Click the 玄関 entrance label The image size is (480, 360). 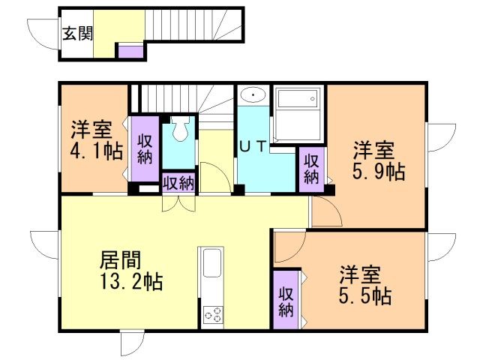[x=77, y=33]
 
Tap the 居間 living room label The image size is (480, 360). [x=120, y=260]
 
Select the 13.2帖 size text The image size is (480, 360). [x=131, y=281]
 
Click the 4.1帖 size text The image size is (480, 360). [x=97, y=151]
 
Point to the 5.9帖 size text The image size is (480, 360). [x=379, y=172]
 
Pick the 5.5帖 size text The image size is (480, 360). [x=365, y=295]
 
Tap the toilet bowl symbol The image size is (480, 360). [x=180, y=129]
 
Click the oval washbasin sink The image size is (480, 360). [x=253, y=95]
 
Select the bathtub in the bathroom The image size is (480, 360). [x=298, y=114]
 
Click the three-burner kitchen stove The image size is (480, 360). [x=213, y=314]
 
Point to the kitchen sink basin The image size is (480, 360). [x=212, y=263]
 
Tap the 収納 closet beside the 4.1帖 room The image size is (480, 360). [x=145, y=149]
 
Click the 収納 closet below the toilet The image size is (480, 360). [x=178, y=183]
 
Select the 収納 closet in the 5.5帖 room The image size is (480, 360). [x=286, y=301]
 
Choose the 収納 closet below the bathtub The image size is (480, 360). [x=311, y=169]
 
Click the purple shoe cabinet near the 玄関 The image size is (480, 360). [x=130, y=52]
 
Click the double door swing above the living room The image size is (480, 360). [x=178, y=203]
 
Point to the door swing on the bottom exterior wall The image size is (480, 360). [x=133, y=343]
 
